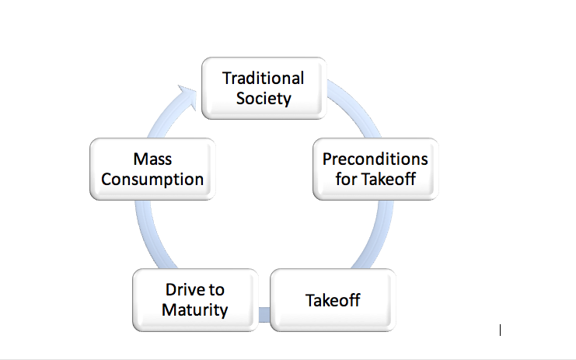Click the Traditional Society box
(264, 88)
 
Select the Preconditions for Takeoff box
(375, 169)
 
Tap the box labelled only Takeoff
(333, 299)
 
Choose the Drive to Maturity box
(195, 299)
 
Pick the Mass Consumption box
(152, 169)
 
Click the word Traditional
(264, 78)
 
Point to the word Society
(264, 99)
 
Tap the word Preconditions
(375, 159)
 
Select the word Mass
(152, 159)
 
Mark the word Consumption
(152, 180)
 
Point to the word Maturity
(195, 310)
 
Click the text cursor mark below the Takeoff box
(500, 330)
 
